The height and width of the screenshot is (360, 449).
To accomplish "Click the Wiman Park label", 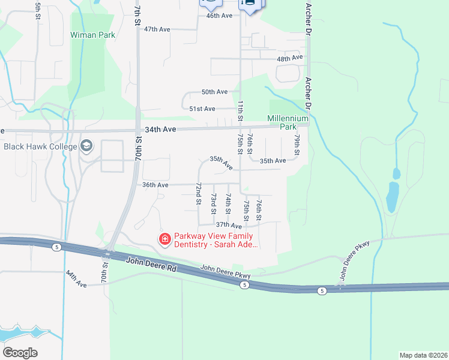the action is click(92, 35).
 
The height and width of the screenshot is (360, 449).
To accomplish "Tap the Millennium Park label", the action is click(288, 123).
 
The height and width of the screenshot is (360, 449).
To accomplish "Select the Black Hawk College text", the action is click(40, 146).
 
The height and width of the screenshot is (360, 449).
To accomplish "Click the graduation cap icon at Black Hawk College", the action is click(86, 146).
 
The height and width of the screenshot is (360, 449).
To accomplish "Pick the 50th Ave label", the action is click(214, 92).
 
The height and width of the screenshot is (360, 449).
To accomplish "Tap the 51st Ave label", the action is click(202, 109).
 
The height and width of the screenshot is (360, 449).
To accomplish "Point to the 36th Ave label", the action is click(155, 185).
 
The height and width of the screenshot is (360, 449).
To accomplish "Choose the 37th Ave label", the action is click(228, 226).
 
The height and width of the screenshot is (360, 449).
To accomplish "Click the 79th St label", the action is click(297, 146).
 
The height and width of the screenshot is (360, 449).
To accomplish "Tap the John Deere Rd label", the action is click(152, 265).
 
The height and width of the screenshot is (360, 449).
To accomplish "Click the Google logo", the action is click(20, 353).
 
